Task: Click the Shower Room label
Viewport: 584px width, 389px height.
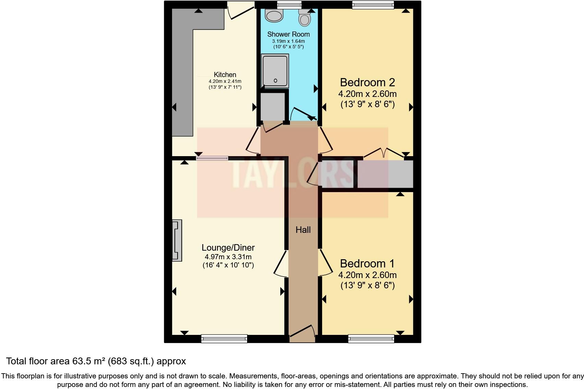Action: click(x=288, y=34)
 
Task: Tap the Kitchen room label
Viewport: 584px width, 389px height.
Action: click(x=225, y=75)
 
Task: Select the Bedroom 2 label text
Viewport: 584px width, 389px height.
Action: click(x=367, y=83)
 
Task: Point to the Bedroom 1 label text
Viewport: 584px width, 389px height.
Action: click(x=367, y=264)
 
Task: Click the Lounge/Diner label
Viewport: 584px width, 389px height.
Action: click(x=228, y=248)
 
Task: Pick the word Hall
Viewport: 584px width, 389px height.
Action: click(x=303, y=230)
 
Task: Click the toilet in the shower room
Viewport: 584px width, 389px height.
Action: click(x=304, y=17)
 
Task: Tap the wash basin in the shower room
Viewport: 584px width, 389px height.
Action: click(x=275, y=16)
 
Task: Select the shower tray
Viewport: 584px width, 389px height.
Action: click(x=275, y=70)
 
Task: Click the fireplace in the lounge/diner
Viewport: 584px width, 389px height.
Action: click(x=177, y=240)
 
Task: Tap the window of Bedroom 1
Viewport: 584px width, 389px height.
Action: click(x=371, y=339)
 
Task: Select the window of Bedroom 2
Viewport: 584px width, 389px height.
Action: click(x=373, y=4)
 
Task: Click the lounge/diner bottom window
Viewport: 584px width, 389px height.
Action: click(x=224, y=339)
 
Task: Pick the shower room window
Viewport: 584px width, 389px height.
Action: click(x=289, y=4)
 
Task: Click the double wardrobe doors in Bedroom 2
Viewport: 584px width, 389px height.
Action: click(x=384, y=153)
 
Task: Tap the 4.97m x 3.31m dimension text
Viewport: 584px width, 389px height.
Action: click(x=228, y=257)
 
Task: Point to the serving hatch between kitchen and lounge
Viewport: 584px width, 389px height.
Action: click(x=212, y=158)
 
